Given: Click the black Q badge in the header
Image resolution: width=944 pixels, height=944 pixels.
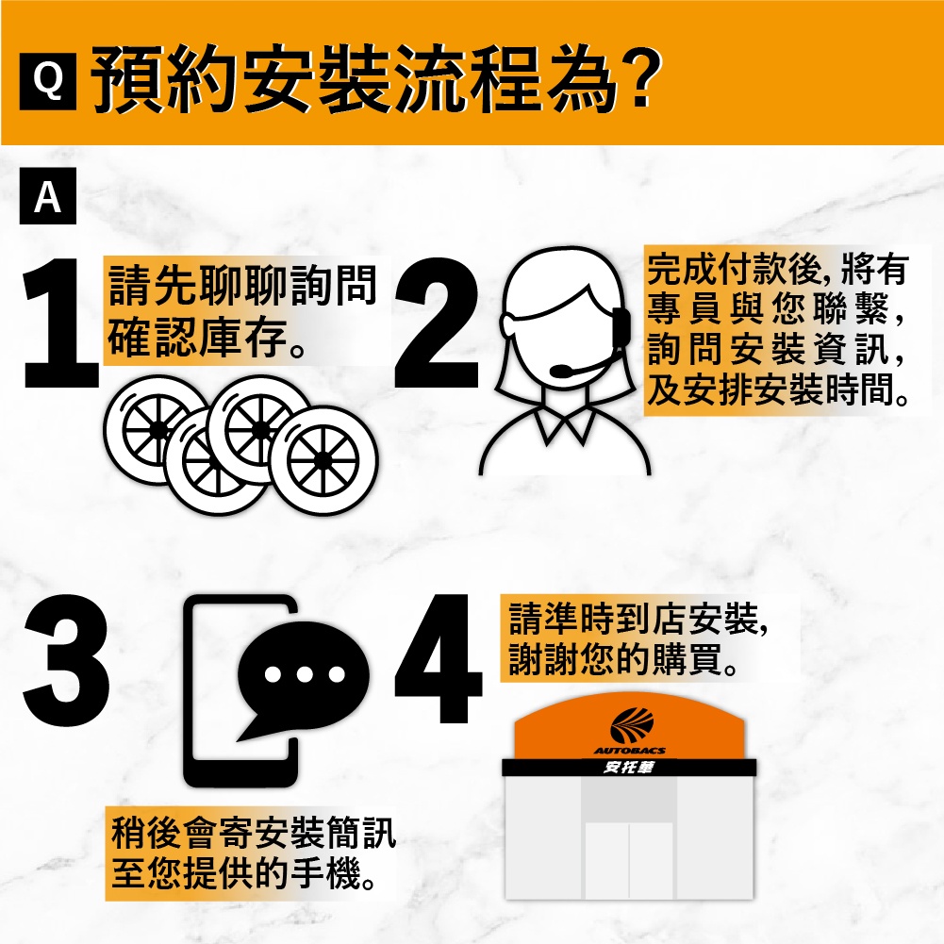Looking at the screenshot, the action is pyautogui.click(x=47, y=81).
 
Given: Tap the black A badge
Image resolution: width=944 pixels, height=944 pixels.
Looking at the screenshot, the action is pyautogui.click(x=47, y=195).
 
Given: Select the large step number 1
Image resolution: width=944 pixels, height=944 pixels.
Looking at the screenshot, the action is pyautogui.click(x=60, y=323).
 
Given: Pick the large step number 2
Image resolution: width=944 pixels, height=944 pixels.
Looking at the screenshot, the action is pyautogui.click(x=437, y=323).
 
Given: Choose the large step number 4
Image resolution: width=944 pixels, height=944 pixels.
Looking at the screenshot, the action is pyautogui.click(x=439, y=658).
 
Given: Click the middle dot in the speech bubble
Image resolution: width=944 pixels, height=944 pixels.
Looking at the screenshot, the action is pyautogui.click(x=305, y=673).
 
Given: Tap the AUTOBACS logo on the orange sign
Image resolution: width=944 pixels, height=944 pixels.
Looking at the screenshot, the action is pyautogui.click(x=630, y=732).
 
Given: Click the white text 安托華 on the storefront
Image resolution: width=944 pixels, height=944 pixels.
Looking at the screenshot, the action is pyautogui.click(x=629, y=768).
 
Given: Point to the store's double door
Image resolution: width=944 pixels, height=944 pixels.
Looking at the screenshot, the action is pyautogui.click(x=629, y=860).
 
